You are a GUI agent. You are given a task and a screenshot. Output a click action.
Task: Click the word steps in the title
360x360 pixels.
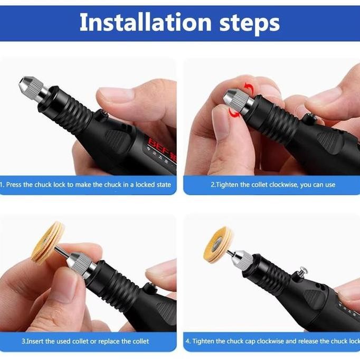248,23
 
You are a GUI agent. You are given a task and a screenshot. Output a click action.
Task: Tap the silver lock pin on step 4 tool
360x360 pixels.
303,272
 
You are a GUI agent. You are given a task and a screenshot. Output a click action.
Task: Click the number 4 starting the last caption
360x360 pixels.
187,342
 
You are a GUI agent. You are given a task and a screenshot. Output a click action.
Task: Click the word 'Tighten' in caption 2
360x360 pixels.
228,185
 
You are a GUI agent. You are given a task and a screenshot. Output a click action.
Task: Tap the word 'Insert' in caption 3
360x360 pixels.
37,342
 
